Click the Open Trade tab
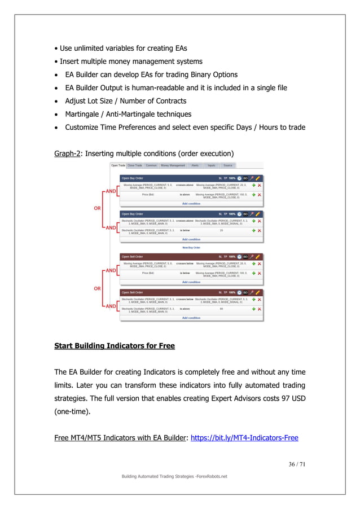click(x=117, y=165)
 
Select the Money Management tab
click(x=173, y=165)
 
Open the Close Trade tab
click(x=135, y=165)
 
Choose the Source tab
click(x=228, y=165)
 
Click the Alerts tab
click(x=195, y=165)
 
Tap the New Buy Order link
click(x=191, y=247)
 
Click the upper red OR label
click(x=97, y=207)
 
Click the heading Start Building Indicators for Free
click(x=114, y=346)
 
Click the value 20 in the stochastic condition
click(x=221, y=230)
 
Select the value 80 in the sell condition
click(x=221, y=309)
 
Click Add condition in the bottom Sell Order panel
click(x=191, y=318)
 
